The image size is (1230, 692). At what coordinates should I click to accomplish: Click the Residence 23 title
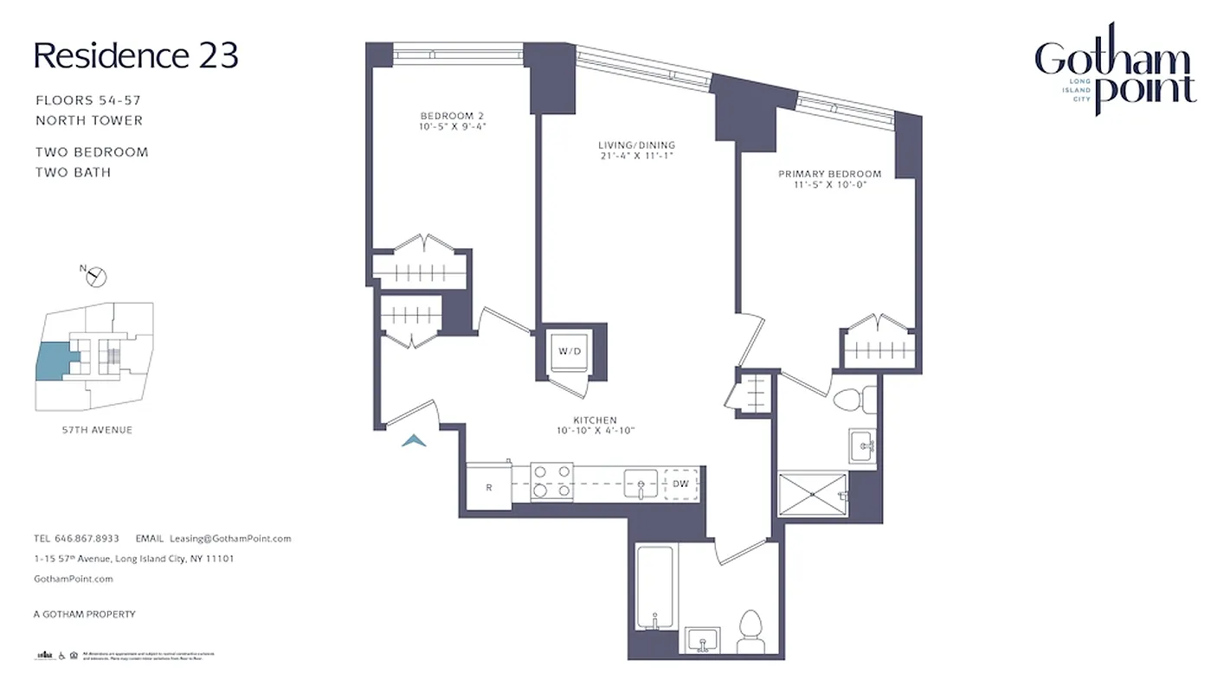click(x=136, y=56)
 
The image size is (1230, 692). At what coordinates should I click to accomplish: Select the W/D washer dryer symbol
click(x=570, y=352)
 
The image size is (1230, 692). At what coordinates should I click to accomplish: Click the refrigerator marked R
click(x=488, y=487)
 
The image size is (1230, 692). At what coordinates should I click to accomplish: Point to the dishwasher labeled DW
click(x=681, y=484)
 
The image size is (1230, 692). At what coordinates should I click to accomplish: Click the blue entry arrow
click(x=415, y=441)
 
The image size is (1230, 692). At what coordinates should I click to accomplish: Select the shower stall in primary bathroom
click(x=813, y=496)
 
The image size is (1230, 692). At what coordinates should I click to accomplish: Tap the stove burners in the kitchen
click(x=551, y=483)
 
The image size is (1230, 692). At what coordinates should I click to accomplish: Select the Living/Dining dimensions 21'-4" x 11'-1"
click(x=635, y=156)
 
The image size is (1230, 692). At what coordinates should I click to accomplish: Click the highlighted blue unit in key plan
click(x=52, y=360)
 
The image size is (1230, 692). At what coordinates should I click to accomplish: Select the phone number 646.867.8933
click(x=87, y=538)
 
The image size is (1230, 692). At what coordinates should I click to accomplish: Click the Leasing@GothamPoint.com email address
click(x=230, y=538)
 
